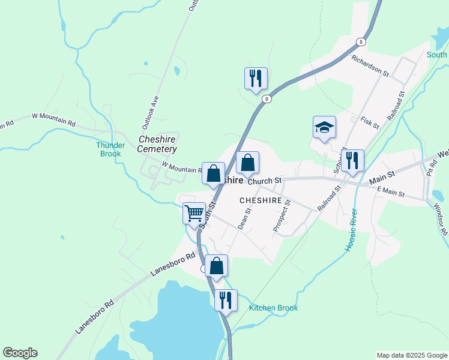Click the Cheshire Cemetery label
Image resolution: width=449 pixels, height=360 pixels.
pos(157,144)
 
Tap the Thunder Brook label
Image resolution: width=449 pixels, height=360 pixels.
pos(110,149)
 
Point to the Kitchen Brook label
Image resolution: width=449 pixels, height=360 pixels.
pos(273,308)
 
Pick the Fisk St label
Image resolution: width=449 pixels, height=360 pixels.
pos(370,124)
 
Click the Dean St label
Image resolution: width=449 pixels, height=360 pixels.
pos(244,219)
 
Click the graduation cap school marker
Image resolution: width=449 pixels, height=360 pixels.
pos(324,127)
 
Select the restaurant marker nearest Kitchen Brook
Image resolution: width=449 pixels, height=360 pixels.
pos(226,299)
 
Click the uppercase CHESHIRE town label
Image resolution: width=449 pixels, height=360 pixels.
pos(261,200)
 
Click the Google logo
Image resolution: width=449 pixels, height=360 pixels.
pos(20,353)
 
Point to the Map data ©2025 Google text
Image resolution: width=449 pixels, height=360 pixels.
pos(412,355)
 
